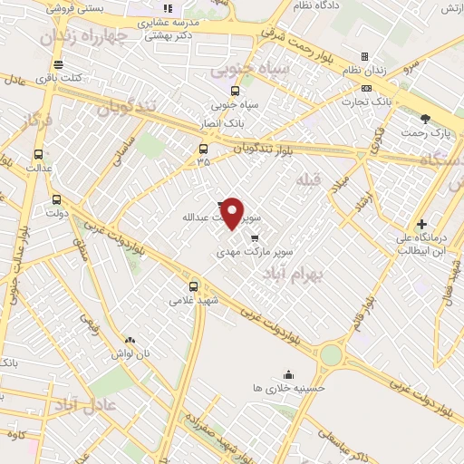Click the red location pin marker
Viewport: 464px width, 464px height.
[x=233, y=214]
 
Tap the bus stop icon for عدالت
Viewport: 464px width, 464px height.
[x=38, y=153]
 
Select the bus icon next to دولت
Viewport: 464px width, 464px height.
[x=57, y=200]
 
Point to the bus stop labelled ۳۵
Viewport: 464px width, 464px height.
[x=202, y=149]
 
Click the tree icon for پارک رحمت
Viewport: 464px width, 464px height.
[x=425, y=119]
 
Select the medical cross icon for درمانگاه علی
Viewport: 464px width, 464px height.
[x=421, y=225]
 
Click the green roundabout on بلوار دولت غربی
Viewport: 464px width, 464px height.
[x=332, y=354]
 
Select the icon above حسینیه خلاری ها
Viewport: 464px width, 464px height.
[x=288, y=374]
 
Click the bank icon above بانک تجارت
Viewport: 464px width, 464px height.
[x=366, y=88]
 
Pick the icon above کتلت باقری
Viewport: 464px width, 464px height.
[x=59, y=64]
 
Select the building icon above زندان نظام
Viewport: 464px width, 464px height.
[x=364, y=56]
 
